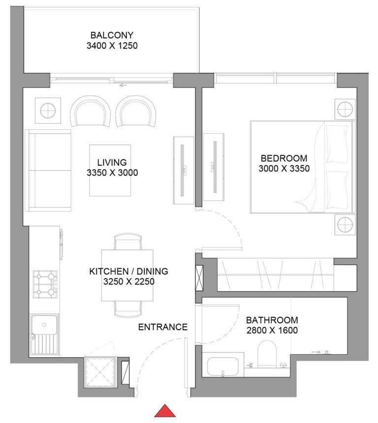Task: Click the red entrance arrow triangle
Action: (165, 411)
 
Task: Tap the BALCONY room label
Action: (112, 35)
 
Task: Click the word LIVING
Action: (112, 162)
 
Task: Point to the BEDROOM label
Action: (284, 158)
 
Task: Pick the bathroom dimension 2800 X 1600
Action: (272, 330)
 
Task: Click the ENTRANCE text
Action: (162, 327)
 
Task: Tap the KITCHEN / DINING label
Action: (128, 271)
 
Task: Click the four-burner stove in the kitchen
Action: (44, 284)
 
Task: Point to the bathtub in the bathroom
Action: (224, 367)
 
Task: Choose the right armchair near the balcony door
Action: (137, 111)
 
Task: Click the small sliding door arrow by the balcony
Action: (123, 85)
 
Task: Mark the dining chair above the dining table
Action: (128, 242)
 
